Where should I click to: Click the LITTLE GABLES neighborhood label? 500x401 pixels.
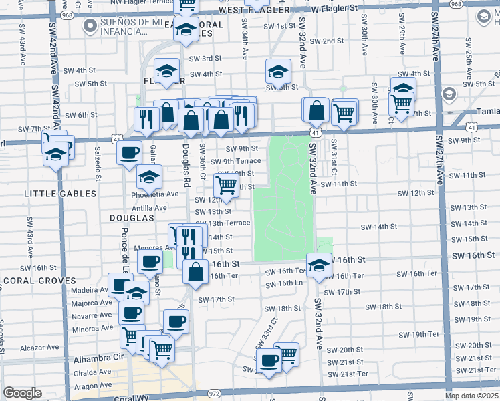(x=51, y=194)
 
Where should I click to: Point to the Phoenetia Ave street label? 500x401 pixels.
(x=158, y=194)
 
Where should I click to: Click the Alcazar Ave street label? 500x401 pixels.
(x=40, y=348)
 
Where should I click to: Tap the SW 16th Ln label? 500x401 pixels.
(x=284, y=283)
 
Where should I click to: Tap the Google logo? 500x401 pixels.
(x=22, y=393)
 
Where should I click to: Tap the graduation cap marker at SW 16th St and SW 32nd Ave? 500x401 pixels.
(x=319, y=265)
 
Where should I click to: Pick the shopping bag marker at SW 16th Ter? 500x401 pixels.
(x=195, y=272)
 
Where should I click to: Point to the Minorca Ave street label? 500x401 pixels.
(x=92, y=329)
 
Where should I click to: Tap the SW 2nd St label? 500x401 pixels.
(x=322, y=41)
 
